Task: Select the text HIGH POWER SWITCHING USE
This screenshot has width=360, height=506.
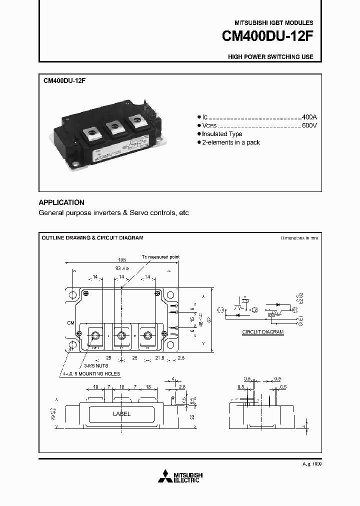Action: tap(270, 57)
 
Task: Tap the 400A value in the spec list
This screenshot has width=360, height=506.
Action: tap(309, 116)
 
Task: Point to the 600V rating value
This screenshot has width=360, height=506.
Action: tap(309, 125)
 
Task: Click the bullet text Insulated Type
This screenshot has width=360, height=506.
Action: tap(223, 134)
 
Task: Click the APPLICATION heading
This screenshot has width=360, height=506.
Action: tap(61, 202)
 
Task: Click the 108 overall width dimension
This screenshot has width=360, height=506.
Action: tap(121, 260)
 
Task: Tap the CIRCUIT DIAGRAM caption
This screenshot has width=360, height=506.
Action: tap(263, 331)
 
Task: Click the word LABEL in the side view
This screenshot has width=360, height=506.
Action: tap(121, 414)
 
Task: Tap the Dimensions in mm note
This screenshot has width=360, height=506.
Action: tap(299, 238)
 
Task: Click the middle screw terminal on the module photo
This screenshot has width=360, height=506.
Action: tap(115, 127)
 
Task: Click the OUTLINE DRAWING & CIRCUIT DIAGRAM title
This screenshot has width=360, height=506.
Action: tap(92, 237)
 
